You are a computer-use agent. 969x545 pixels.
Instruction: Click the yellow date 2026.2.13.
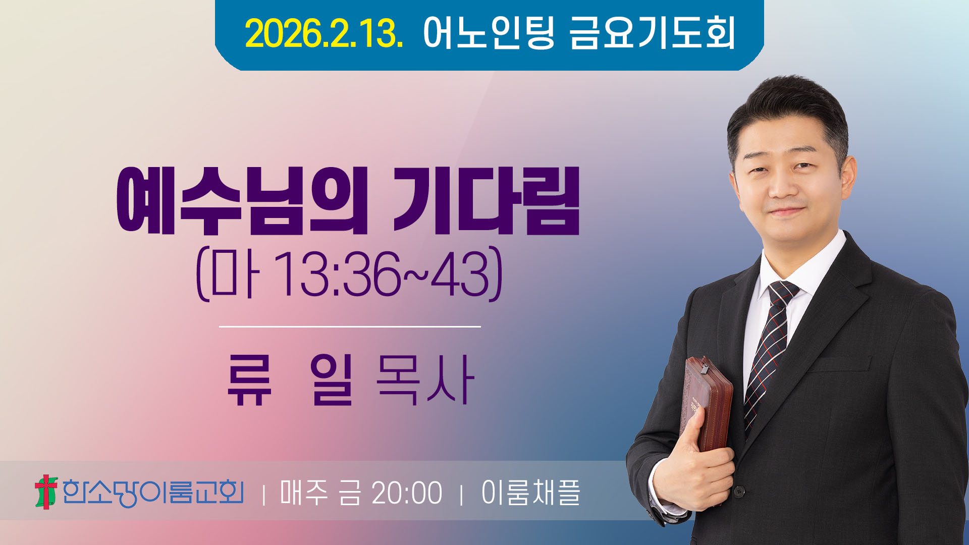(324, 33)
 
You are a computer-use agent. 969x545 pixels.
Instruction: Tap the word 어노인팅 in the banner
(489, 33)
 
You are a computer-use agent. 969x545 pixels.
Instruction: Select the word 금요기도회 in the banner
(652, 33)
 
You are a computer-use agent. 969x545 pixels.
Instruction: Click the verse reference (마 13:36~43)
(349, 274)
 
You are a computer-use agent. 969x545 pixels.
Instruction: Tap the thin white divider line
(350, 326)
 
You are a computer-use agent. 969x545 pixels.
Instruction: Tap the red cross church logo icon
(46, 492)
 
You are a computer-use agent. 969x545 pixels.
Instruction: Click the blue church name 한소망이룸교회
(153, 493)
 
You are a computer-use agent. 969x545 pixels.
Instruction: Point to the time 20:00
(407, 493)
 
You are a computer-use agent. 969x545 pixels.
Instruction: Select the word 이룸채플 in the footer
(530, 493)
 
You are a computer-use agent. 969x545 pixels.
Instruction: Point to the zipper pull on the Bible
(704, 367)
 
